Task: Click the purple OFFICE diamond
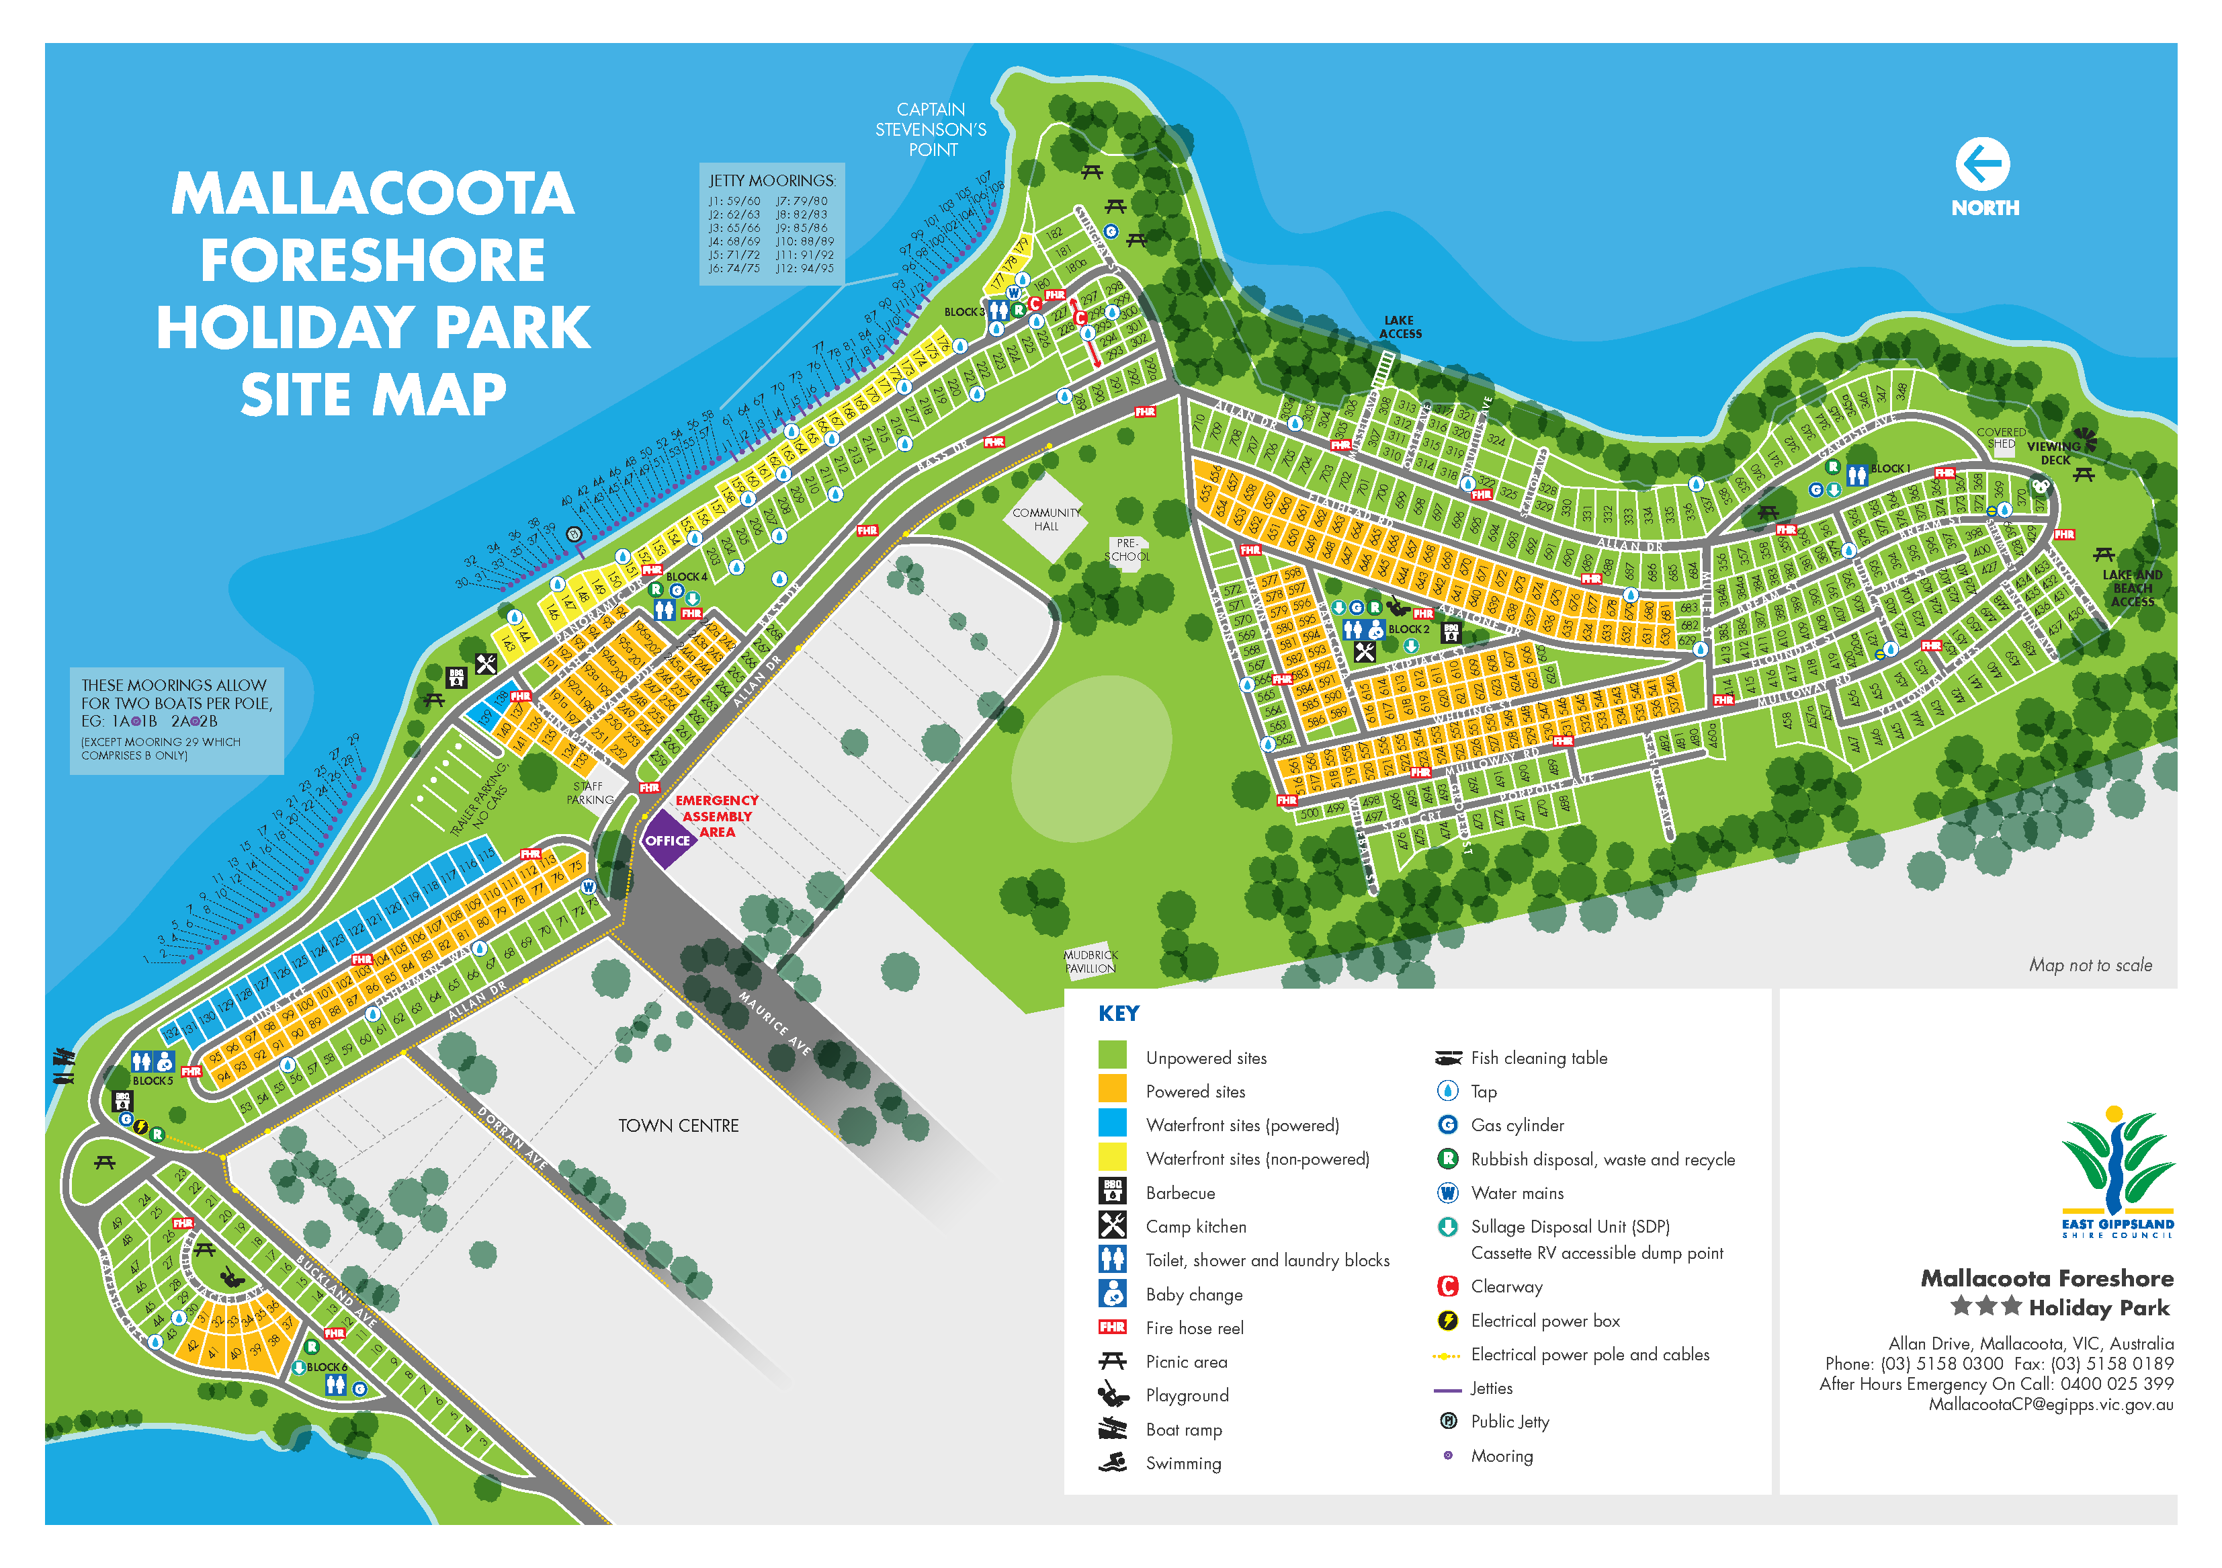(x=668, y=839)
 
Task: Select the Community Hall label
(x=1045, y=520)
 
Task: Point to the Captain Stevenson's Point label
(x=931, y=130)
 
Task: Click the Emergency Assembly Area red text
(x=717, y=816)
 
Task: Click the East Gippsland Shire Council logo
(x=2117, y=1172)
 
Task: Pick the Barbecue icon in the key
(x=1112, y=1192)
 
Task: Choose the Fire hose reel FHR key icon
(x=1112, y=1327)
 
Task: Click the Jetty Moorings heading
(x=771, y=181)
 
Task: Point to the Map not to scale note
(x=2090, y=965)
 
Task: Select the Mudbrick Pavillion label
(x=1091, y=961)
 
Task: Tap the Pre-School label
(x=1127, y=550)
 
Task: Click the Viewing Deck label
(x=2053, y=453)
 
